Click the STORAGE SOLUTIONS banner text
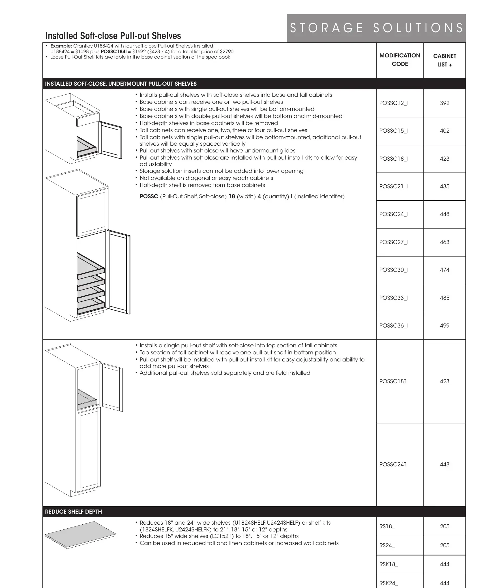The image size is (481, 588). pyautogui.click(x=376, y=28)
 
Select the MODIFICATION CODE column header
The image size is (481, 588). pyautogui.click(x=400, y=60)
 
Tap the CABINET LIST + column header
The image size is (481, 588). pyautogui.click(x=445, y=60)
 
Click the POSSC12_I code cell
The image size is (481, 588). pyautogui.click(x=394, y=103)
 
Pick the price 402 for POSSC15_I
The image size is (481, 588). pyautogui.click(x=445, y=131)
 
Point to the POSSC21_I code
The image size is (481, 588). pyautogui.click(x=394, y=186)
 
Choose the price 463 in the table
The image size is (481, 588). pyautogui.click(x=445, y=242)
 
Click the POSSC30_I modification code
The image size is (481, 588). pyautogui.click(x=394, y=270)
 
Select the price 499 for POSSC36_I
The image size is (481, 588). pyautogui.click(x=445, y=326)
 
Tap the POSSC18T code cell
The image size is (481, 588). pyautogui.click(x=393, y=381)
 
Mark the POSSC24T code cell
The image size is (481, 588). pyautogui.click(x=393, y=464)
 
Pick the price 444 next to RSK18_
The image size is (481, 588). pyautogui.click(x=445, y=564)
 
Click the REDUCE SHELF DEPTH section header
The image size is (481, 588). pyautogui.click(x=74, y=512)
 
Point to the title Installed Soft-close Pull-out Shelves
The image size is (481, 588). pyautogui.click(x=113, y=36)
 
